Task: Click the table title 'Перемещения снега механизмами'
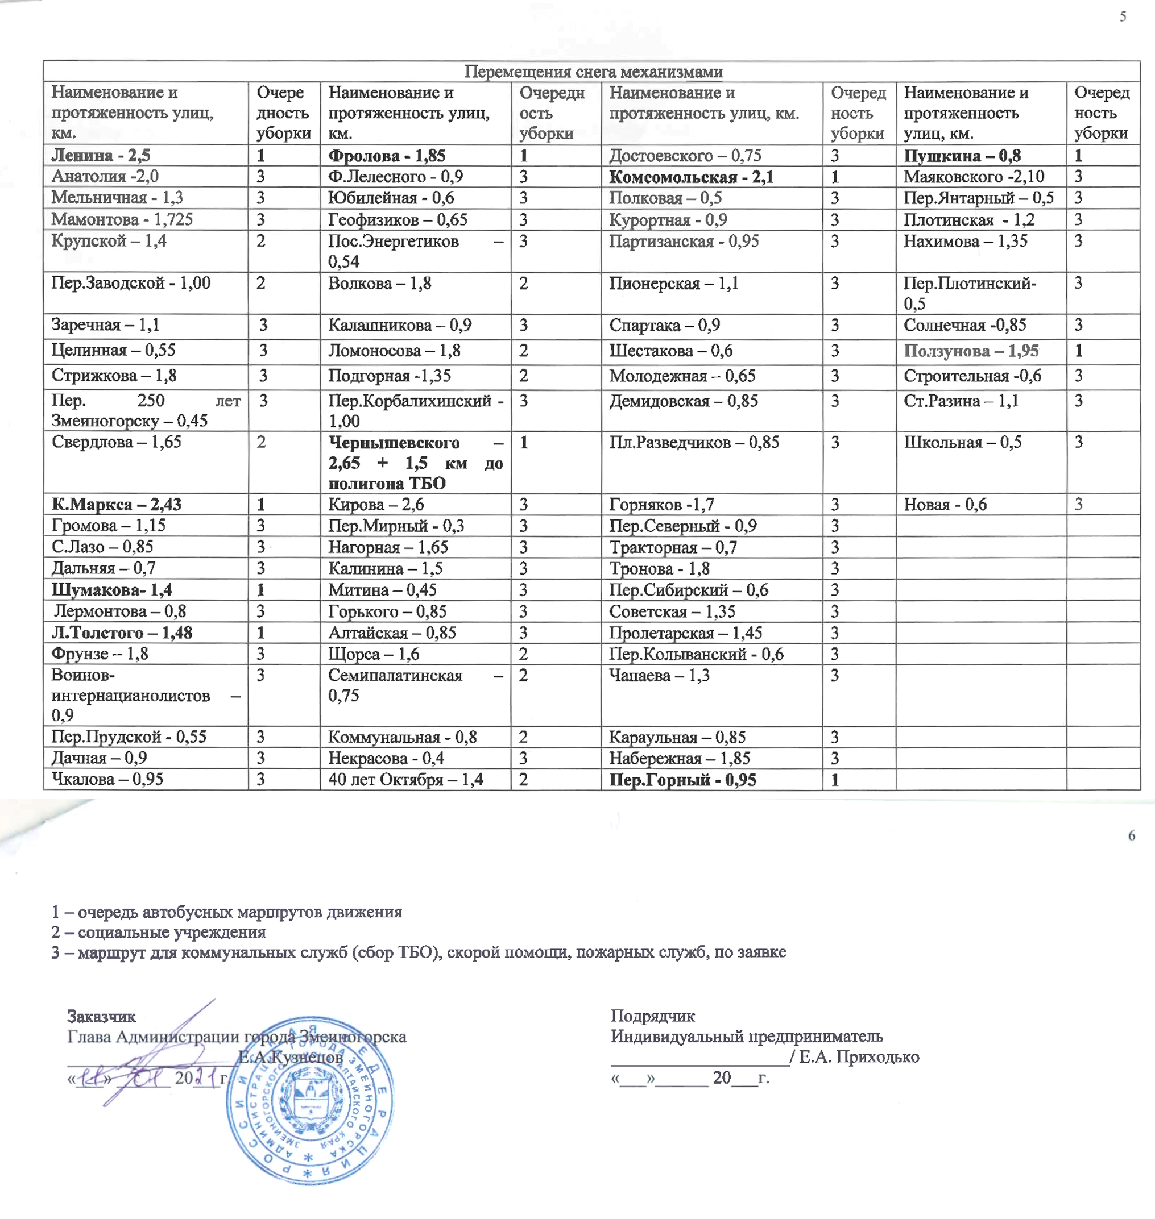pos(593,72)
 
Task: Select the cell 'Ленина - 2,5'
pos(101,156)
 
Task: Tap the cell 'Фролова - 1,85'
pos(387,156)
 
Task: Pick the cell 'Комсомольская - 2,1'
pos(691,177)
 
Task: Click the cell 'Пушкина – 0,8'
pos(962,156)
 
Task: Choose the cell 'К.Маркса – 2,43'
pos(117,505)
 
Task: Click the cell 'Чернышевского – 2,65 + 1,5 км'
pos(415,463)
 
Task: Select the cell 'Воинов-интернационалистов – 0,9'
pos(145,696)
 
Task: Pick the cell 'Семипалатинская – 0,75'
pos(415,685)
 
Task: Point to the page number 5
pos(1123,16)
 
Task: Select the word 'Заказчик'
pos(102,1017)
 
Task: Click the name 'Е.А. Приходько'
pos(859,1057)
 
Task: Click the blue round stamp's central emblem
pos(311,1104)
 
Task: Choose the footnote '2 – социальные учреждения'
pos(159,932)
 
